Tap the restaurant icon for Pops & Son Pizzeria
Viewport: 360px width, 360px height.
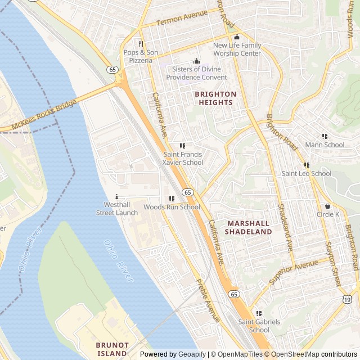[x=141, y=44]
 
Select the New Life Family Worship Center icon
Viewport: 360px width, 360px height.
[x=237, y=37]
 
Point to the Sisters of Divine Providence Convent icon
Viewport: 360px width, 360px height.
[x=196, y=61]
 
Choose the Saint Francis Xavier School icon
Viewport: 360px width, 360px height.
[x=182, y=146]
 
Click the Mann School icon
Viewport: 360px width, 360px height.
[x=325, y=136]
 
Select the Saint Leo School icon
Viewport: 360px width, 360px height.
[x=307, y=165]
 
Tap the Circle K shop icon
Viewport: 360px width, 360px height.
[x=328, y=206]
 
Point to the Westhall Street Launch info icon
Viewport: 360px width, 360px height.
[x=116, y=197]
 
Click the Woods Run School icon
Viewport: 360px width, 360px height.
[x=172, y=199]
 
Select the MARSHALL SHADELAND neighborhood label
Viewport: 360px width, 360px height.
[x=249, y=227]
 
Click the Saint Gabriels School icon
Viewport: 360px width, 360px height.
[x=259, y=314]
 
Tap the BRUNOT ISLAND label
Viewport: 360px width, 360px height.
[x=112, y=349]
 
